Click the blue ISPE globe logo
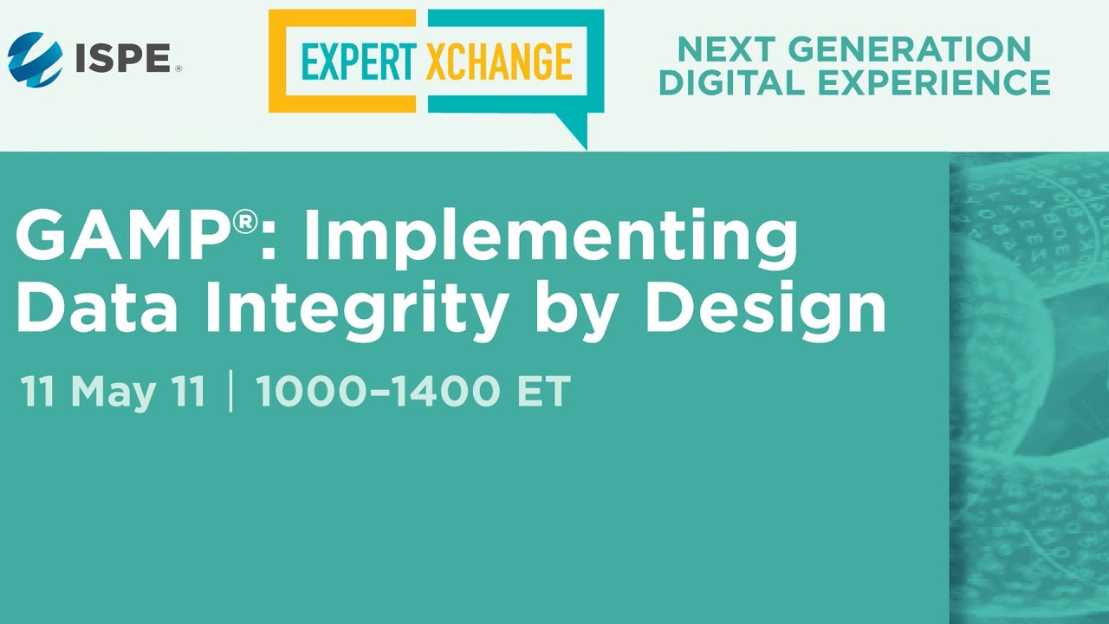[36, 59]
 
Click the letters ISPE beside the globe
[123, 58]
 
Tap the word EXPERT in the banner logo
[359, 62]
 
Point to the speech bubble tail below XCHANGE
[574, 130]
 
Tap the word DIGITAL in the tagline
[732, 82]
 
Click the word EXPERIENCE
[934, 82]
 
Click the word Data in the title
[97, 307]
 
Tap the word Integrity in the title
[357, 313]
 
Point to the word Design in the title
[765, 313]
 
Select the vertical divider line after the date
[231, 391]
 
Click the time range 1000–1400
[377, 391]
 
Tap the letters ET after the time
[544, 391]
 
